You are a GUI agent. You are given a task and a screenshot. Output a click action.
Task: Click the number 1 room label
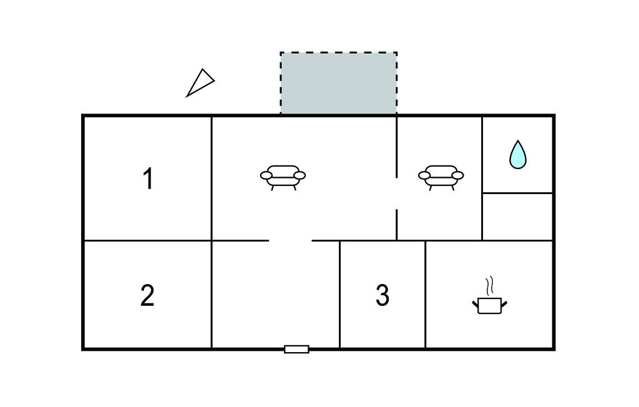[x=148, y=179]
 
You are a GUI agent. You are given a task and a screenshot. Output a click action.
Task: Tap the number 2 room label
[x=147, y=295]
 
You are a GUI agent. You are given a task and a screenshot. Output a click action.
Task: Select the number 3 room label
[x=383, y=295]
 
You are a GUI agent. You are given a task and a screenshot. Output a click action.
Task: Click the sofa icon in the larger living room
[x=283, y=176]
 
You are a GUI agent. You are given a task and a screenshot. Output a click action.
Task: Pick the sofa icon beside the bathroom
[x=441, y=176]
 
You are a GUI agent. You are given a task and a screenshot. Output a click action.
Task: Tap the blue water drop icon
[x=517, y=155]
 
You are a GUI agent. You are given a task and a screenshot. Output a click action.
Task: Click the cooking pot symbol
[x=490, y=305]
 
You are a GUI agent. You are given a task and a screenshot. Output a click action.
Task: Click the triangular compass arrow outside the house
[x=200, y=83]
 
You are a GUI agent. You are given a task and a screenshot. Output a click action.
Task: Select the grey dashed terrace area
[x=338, y=83]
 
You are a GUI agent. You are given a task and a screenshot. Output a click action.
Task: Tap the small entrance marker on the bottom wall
[x=296, y=349]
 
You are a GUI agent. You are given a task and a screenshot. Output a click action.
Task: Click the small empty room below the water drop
[x=517, y=217]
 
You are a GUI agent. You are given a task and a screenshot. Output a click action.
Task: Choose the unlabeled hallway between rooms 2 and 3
[x=275, y=294]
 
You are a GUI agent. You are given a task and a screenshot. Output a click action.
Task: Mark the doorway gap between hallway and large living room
[x=290, y=240]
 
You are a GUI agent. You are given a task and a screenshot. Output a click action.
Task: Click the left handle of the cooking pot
[x=475, y=303]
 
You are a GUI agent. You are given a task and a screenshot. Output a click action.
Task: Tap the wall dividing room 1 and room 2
[x=147, y=240]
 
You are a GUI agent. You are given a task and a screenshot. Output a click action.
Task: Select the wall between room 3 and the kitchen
[x=425, y=294]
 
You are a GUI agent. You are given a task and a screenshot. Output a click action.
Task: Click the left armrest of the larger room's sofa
[x=266, y=176]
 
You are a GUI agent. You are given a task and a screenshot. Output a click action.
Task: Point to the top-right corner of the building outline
[x=554, y=115]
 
